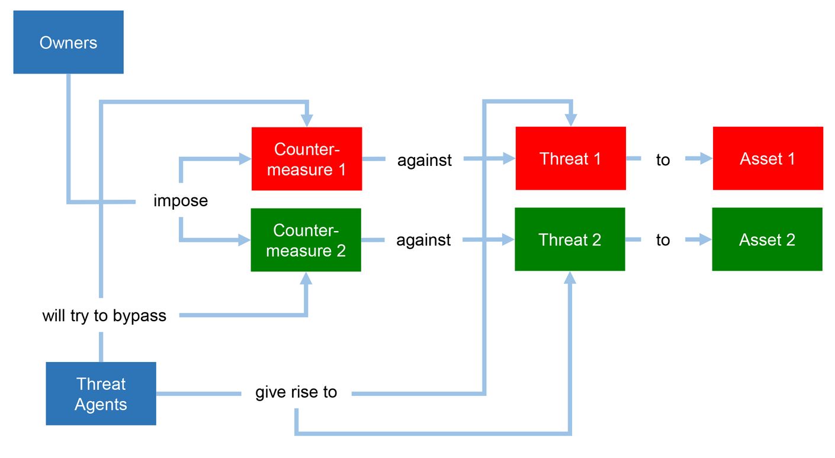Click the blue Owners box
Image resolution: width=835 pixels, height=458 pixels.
point(68,42)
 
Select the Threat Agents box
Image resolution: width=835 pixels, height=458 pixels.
point(101,393)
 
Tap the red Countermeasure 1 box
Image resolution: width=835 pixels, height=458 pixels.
point(306,159)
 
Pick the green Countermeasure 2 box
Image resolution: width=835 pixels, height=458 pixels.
point(306,240)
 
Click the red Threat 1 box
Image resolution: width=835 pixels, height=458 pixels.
point(570,158)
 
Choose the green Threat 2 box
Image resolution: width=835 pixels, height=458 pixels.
point(569,239)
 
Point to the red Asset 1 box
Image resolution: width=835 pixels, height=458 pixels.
point(767,158)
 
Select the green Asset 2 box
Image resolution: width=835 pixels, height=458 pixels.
point(766,239)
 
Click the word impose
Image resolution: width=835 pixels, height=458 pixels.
point(181,200)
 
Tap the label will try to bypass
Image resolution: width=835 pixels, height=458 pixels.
point(104,315)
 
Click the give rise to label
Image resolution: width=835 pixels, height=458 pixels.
point(296,392)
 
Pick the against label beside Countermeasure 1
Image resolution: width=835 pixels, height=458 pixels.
point(424,159)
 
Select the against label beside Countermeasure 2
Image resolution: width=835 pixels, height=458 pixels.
point(423,240)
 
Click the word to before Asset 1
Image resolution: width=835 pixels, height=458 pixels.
point(663,159)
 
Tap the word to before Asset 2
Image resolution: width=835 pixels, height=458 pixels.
point(663,240)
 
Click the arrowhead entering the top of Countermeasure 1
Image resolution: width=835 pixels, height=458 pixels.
point(306,120)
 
